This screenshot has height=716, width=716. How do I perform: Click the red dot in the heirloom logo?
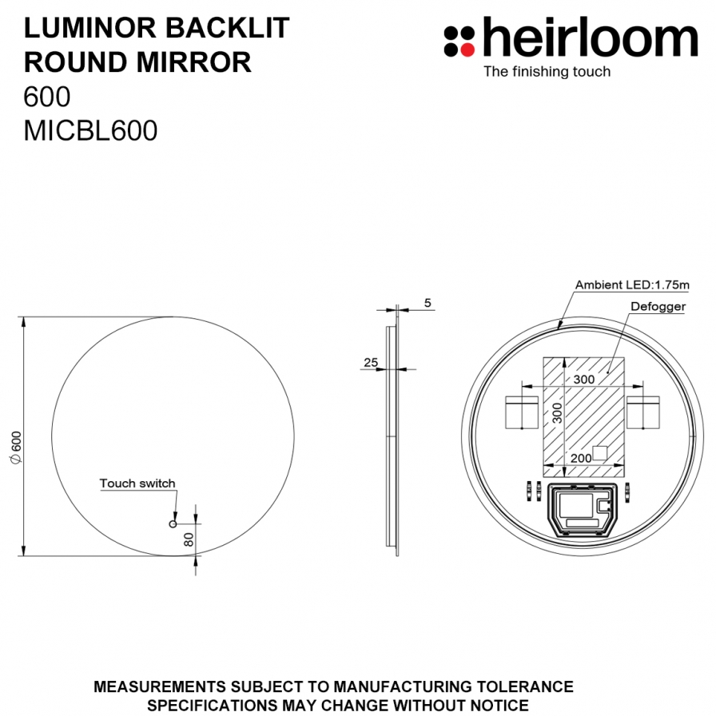[467, 49]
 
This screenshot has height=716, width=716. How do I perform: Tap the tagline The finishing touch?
[547, 72]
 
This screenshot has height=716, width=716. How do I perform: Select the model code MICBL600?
[90, 130]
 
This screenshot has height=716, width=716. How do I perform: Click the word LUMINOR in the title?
[90, 28]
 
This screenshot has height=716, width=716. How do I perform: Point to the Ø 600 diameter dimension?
[17, 447]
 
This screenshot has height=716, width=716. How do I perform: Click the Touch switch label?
[137, 483]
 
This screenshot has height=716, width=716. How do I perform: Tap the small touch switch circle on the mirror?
[173, 523]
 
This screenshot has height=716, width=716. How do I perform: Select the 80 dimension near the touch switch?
[189, 539]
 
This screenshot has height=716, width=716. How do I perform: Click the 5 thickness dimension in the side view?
[428, 303]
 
